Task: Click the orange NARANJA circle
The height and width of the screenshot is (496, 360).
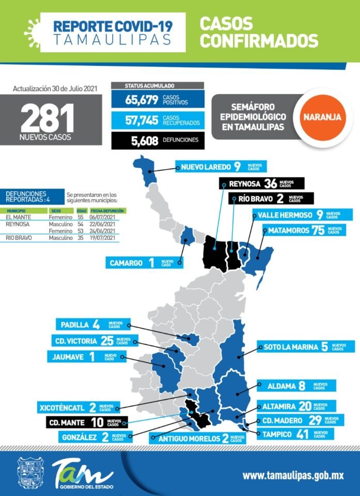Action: pos(322,116)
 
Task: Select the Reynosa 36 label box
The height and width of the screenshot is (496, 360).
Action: pos(261,183)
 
